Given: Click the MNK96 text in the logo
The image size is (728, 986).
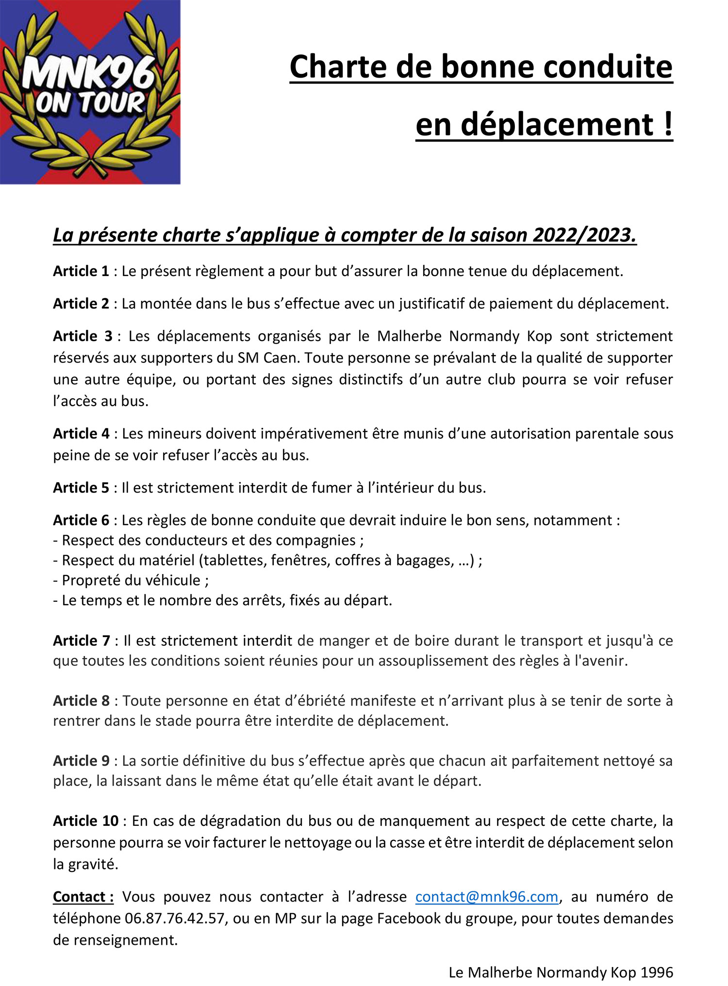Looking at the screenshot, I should point(87,73).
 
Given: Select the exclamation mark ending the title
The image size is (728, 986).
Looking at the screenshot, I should point(668,124).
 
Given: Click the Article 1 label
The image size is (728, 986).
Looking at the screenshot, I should point(81,271).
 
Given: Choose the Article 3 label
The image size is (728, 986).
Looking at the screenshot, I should point(82,336).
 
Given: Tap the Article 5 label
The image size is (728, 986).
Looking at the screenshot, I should point(81,488).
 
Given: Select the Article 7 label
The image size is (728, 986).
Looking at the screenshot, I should point(82,641).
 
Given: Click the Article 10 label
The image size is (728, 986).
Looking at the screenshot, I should point(85,821).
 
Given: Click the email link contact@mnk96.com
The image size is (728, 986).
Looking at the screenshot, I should point(486,896).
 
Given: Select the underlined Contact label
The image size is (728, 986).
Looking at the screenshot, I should point(83,897).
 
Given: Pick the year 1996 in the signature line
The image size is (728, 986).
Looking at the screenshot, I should point(657,972).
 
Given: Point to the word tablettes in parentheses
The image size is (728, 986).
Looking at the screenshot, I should point(234,560).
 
